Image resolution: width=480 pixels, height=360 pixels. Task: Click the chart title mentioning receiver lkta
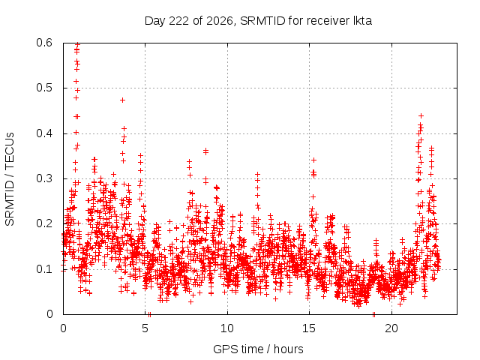258,21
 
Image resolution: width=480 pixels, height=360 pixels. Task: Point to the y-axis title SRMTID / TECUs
10,179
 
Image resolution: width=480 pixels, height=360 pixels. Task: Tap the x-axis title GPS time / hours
258,349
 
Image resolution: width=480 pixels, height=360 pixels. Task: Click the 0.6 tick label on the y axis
45,43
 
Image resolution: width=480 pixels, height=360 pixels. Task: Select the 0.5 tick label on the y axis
45,88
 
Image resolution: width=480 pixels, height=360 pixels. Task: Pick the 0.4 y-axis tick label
45,133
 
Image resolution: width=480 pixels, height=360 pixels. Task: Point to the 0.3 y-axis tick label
45,178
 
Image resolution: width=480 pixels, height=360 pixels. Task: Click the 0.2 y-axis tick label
45,223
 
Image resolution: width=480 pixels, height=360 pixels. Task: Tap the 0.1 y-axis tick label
45,269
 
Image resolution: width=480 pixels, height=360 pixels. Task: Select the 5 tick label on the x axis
145,328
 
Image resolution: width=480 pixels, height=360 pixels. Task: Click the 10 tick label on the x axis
227,328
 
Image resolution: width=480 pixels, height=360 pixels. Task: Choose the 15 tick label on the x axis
309,328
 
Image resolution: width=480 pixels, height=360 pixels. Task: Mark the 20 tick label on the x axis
391,328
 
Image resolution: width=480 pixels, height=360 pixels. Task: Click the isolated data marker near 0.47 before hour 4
122,100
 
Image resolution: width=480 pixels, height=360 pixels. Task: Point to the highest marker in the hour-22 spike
421,115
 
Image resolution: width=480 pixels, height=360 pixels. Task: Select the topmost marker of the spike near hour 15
313,160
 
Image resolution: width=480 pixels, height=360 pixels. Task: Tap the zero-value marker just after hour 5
149,314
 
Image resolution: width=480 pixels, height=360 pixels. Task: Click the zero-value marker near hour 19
373,314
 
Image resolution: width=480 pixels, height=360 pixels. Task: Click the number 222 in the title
179,21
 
